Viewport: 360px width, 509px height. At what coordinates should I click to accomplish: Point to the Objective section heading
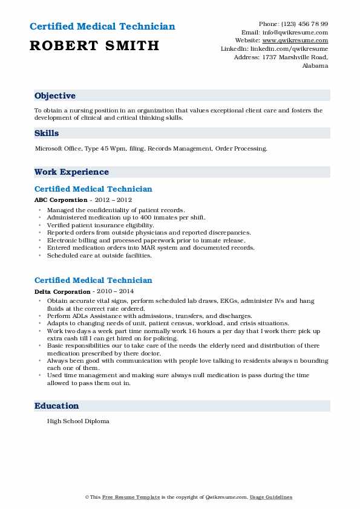click(55, 96)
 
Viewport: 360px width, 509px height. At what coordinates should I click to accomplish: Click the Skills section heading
click(47, 134)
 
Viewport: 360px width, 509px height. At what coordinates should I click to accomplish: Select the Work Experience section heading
click(71, 172)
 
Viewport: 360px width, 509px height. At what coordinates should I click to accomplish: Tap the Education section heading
click(57, 406)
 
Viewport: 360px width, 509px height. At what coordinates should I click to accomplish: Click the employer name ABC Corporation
click(61, 200)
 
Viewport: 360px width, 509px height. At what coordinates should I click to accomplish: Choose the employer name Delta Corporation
click(62, 291)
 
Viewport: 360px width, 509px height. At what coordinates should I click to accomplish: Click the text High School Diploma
click(78, 421)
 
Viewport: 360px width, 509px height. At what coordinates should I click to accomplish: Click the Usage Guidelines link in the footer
click(271, 497)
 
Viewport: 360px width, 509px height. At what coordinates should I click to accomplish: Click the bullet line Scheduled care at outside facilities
click(99, 255)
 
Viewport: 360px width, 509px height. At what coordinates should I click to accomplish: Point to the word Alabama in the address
click(315, 66)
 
